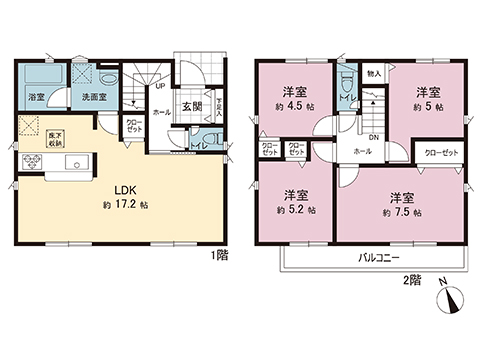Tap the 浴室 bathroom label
click(x=35, y=97)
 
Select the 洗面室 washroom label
click(x=79, y=97)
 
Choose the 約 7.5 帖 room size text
click(x=400, y=213)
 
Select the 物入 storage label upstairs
click(x=374, y=73)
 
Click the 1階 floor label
click(x=220, y=254)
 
